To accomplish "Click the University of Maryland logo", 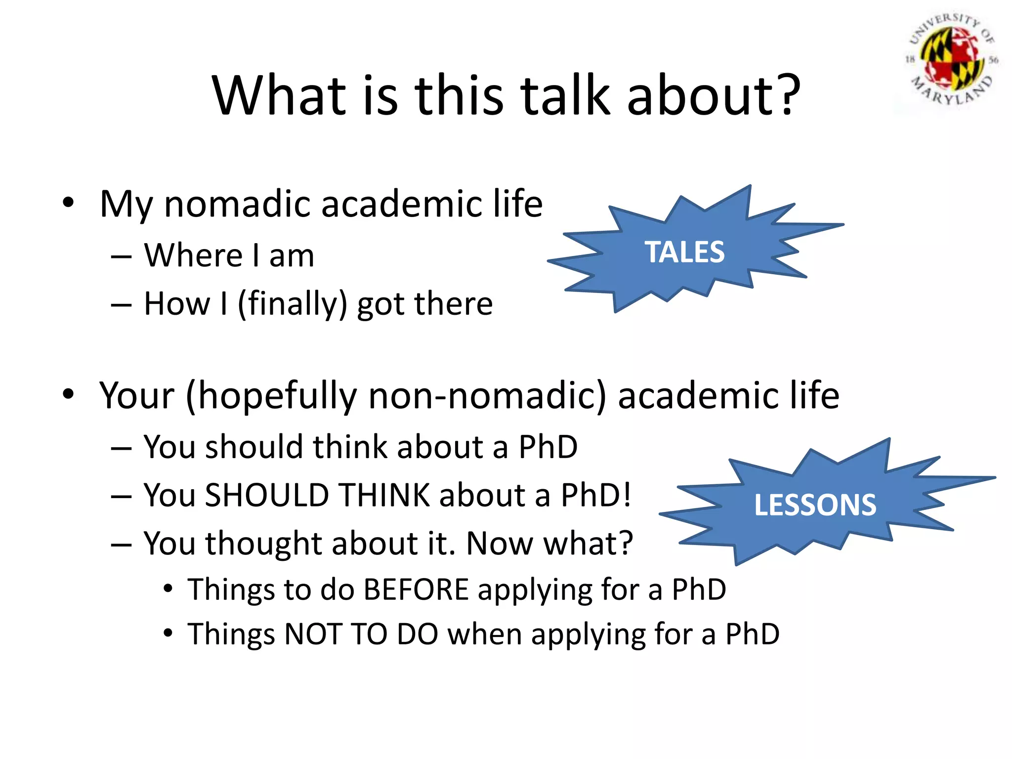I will (x=951, y=62).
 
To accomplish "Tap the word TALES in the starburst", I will (x=684, y=252).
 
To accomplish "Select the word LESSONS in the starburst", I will (x=815, y=505).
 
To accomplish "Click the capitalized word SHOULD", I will (x=267, y=495).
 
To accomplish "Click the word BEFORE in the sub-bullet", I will (x=416, y=589).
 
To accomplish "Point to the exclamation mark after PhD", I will (x=627, y=494).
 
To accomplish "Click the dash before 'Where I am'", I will (x=121, y=257).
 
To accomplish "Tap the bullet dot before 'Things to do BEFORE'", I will (x=169, y=589).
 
